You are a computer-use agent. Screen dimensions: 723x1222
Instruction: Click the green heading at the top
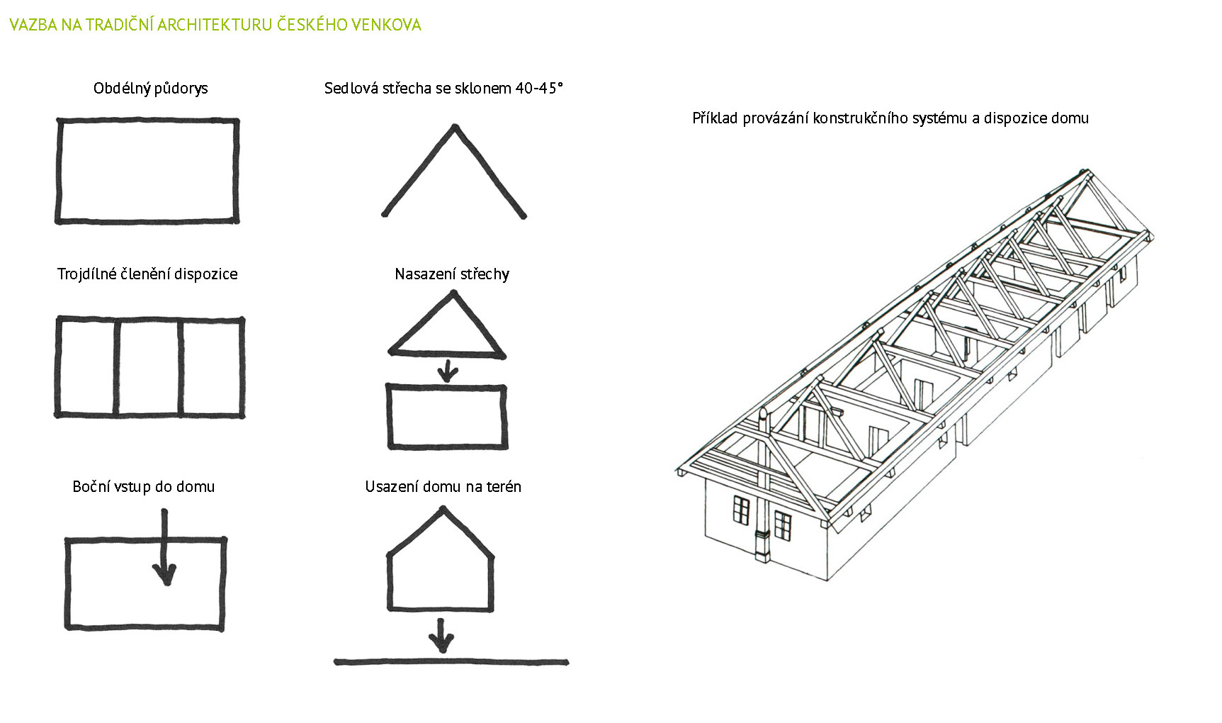[x=215, y=25]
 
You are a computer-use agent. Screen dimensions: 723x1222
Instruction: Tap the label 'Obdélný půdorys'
[x=151, y=89]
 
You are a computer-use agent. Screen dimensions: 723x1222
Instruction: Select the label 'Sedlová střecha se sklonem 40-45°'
[x=443, y=89]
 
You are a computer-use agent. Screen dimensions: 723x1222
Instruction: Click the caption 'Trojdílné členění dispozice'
[x=147, y=274]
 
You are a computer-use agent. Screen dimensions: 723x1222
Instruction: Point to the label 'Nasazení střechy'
[x=452, y=274]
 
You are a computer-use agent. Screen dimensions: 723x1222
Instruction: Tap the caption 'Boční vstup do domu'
[x=144, y=487]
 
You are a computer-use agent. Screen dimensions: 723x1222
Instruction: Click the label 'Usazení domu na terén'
[x=443, y=487]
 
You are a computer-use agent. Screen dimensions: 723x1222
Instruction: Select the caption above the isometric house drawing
[x=890, y=118]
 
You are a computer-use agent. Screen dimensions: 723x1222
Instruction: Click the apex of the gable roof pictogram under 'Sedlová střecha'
[x=455, y=128]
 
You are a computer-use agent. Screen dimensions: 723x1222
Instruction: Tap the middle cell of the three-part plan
[x=148, y=366]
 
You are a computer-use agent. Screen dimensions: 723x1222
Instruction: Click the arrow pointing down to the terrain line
[x=441, y=636]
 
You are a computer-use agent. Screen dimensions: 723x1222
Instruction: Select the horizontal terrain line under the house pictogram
[x=451, y=663]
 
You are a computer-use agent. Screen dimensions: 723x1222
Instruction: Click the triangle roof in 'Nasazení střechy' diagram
[x=447, y=330]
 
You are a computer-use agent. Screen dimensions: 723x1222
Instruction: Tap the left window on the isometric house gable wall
[x=741, y=510]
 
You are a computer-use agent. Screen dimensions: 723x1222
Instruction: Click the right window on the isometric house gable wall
[x=783, y=525]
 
